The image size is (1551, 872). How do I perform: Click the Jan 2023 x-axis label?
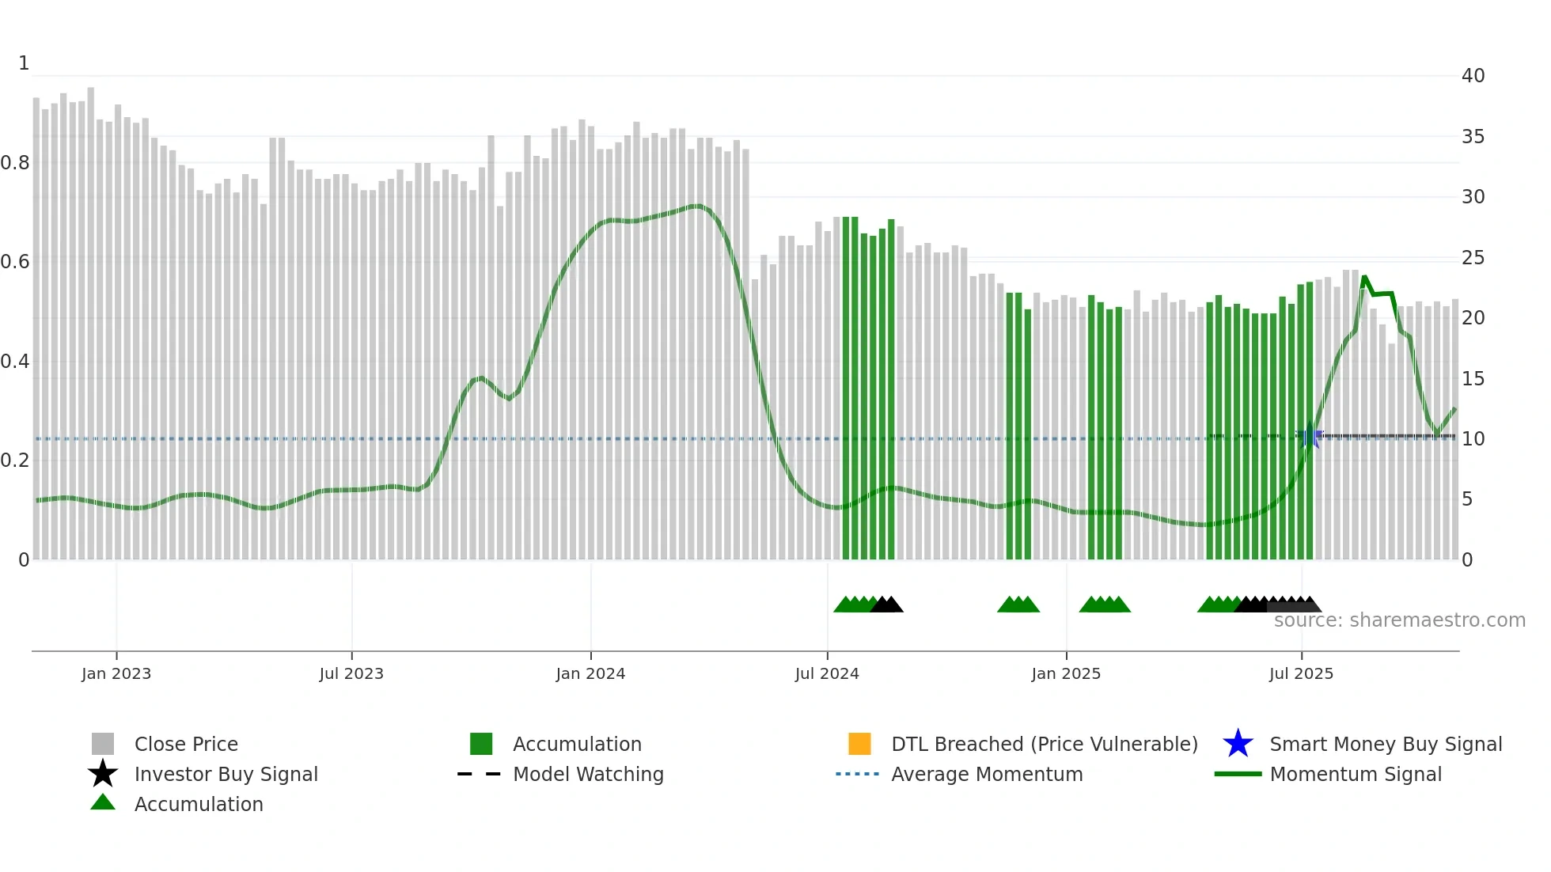tap(116, 673)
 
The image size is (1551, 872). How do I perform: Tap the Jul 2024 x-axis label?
tap(826, 673)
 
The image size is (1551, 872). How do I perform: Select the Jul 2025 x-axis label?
tap(1301, 673)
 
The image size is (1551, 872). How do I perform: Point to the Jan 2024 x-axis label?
tap(590, 673)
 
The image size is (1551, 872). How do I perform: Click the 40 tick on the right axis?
tap(1473, 76)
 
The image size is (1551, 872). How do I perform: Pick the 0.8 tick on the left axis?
tap(15, 163)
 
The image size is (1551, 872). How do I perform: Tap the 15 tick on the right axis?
tap(1473, 379)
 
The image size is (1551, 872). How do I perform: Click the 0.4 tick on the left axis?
tap(15, 362)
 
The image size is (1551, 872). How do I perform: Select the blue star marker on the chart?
tap(1310, 435)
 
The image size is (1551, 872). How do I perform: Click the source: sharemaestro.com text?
tap(1399, 620)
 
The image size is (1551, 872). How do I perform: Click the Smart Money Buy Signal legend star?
tap(1238, 744)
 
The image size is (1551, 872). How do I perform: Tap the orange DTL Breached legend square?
tap(859, 744)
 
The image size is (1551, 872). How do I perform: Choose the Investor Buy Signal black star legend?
tap(103, 774)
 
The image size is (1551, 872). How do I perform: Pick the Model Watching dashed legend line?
tap(480, 774)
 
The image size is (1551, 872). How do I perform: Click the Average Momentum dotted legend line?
tap(858, 774)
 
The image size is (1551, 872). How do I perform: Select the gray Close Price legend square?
tap(103, 744)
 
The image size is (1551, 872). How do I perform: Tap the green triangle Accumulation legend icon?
tap(103, 802)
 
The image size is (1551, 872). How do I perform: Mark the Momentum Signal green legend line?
tap(1238, 774)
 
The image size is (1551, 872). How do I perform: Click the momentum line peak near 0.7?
tap(695, 207)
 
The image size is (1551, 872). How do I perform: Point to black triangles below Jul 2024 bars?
tap(887, 605)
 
